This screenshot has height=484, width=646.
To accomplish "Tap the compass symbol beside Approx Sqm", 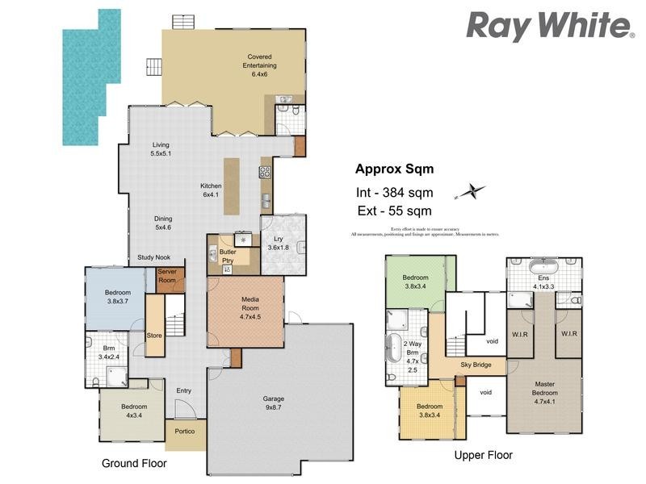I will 471,192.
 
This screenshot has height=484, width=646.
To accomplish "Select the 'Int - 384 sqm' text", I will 395,193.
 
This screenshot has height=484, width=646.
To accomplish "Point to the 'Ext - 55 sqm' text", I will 393,211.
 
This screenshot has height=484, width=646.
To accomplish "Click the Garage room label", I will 273,403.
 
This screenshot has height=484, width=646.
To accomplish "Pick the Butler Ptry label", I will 228,256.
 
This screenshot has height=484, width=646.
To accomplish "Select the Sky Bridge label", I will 476,365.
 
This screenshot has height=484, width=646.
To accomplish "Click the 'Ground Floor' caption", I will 134,464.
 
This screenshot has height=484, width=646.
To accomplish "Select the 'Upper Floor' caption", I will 483,455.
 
